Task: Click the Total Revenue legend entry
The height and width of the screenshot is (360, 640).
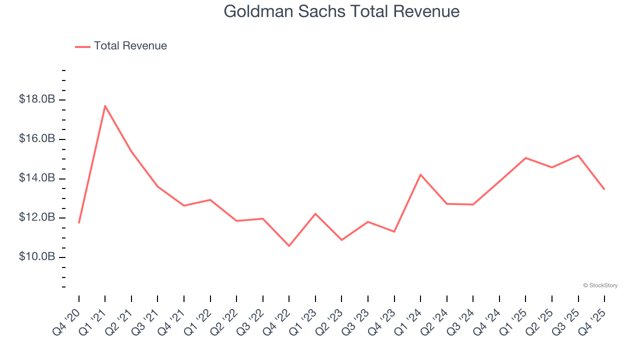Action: pos(130,46)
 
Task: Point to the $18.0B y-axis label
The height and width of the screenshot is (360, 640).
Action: pos(37,99)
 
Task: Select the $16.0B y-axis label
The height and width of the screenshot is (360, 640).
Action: pos(37,138)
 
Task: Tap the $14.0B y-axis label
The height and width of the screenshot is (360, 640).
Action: pos(37,178)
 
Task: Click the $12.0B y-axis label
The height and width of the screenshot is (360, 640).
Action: pos(37,217)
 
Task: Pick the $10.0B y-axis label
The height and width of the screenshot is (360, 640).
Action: pos(37,256)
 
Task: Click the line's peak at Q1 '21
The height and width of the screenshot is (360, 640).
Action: pos(105,105)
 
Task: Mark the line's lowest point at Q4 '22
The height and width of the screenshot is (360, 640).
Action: pos(289,245)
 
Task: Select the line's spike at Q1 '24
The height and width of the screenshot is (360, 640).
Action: pos(420,174)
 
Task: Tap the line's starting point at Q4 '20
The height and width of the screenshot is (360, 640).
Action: pos(79,222)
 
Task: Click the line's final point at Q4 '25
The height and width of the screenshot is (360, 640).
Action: pos(604,189)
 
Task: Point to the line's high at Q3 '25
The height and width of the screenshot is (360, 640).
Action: pos(578,155)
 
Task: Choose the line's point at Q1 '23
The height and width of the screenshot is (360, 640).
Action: pos(315,213)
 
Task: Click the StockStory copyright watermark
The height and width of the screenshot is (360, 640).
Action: pos(600,285)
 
